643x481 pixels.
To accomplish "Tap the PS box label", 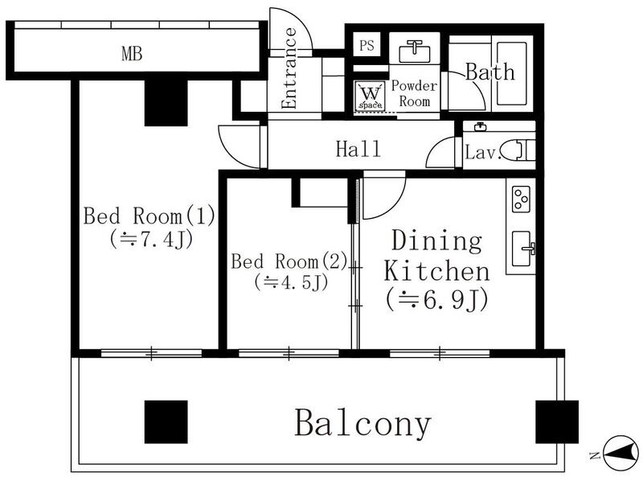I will coord(367,46).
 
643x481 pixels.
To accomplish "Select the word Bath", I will coord(490,72).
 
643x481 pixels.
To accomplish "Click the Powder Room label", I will coord(414,94).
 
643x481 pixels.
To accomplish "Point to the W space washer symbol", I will coord(371,96).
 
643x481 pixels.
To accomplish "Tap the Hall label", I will coord(358,149).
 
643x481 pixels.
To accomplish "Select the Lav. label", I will coord(484,153).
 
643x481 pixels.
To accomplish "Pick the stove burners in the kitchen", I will coord(520,198).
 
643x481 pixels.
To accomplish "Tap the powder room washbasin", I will coord(414,49).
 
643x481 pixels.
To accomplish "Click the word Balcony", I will coord(362,422).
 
